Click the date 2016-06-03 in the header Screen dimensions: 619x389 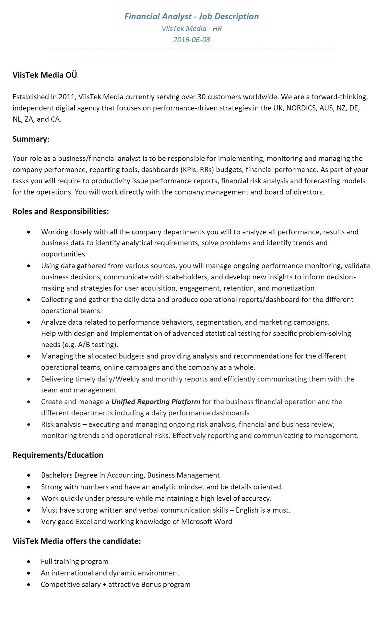click(191, 40)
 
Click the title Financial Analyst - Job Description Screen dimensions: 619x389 click(192, 16)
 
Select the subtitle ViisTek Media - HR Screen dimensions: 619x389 click(192, 29)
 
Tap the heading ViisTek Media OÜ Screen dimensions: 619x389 click(45, 75)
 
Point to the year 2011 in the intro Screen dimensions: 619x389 click(67, 97)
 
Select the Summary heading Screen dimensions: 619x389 click(30, 139)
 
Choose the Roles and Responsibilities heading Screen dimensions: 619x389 click(61, 212)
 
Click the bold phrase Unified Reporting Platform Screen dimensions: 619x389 click(156, 402)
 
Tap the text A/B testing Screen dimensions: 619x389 click(97, 345)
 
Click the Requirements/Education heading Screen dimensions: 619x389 click(58, 455)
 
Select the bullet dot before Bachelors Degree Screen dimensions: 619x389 click(29, 475)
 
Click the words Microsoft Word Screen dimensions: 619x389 click(206, 521)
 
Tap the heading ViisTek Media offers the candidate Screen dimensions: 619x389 click(77, 541)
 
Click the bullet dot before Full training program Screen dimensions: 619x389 click(29, 562)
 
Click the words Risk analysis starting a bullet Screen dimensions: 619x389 click(61, 424)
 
